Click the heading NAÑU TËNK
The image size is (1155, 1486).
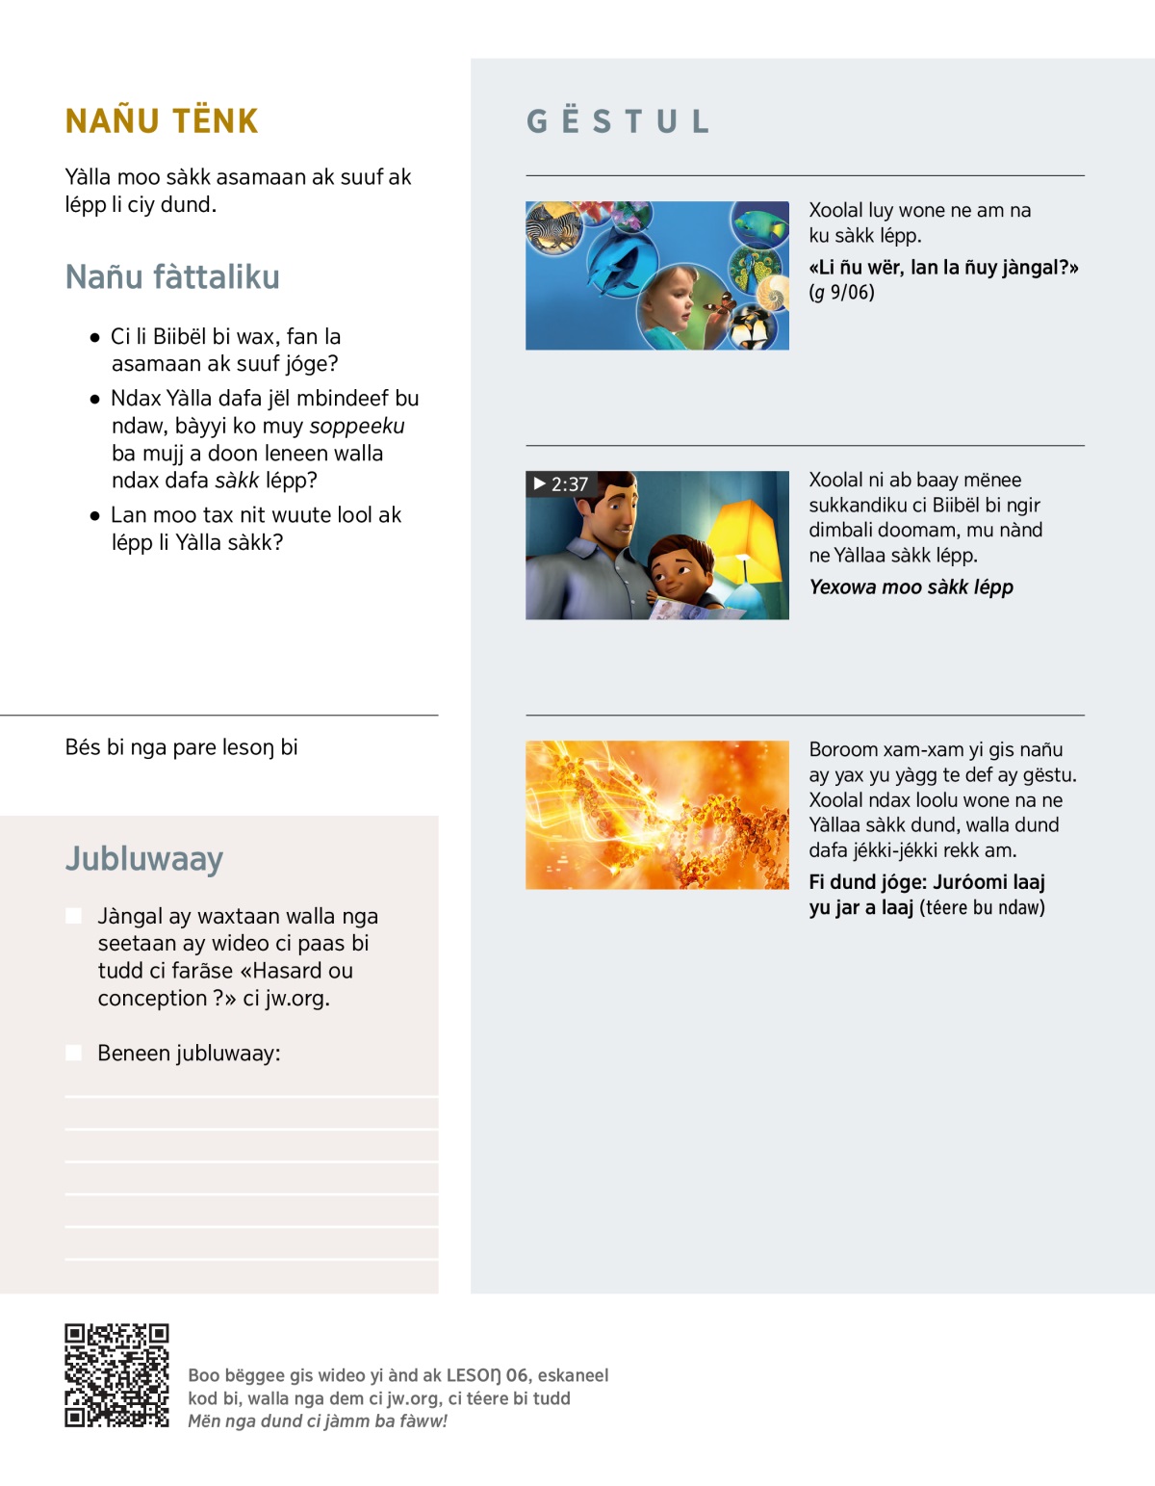point(162,121)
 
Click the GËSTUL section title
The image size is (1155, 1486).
point(618,121)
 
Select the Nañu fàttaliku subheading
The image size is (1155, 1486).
point(172,277)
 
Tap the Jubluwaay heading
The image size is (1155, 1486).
point(144,858)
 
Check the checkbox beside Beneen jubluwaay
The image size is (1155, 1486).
point(73,1053)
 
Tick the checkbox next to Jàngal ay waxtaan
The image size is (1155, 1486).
point(73,916)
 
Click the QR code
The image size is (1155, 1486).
point(116,1375)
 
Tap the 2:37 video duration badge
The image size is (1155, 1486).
point(560,484)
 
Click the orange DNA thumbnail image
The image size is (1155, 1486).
point(656,815)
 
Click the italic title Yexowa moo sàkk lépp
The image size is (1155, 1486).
point(911,587)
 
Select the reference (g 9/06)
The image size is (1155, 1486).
point(841,293)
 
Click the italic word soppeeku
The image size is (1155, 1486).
point(356,426)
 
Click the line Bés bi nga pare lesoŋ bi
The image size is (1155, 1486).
point(181,747)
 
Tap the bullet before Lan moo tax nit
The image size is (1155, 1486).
point(94,515)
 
